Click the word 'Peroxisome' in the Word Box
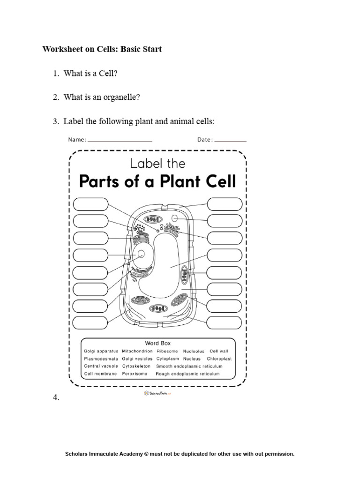(x=135, y=374)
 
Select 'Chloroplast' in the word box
(x=220, y=359)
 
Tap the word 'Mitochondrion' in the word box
(x=137, y=351)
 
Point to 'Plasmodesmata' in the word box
(x=101, y=359)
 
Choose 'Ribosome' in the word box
(x=167, y=351)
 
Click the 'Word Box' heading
(x=158, y=343)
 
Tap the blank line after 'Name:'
(x=120, y=140)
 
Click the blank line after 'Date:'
(x=231, y=140)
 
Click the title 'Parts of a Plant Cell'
(x=157, y=181)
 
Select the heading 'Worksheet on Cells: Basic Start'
(x=102, y=49)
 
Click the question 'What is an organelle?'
(x=102, y=97)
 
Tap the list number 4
(x=57, y=397)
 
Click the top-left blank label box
(x=90, y=204)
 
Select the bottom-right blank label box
(x=225, y=323)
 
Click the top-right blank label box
(x=225, y=204)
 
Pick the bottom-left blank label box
(x=90, y=323)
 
